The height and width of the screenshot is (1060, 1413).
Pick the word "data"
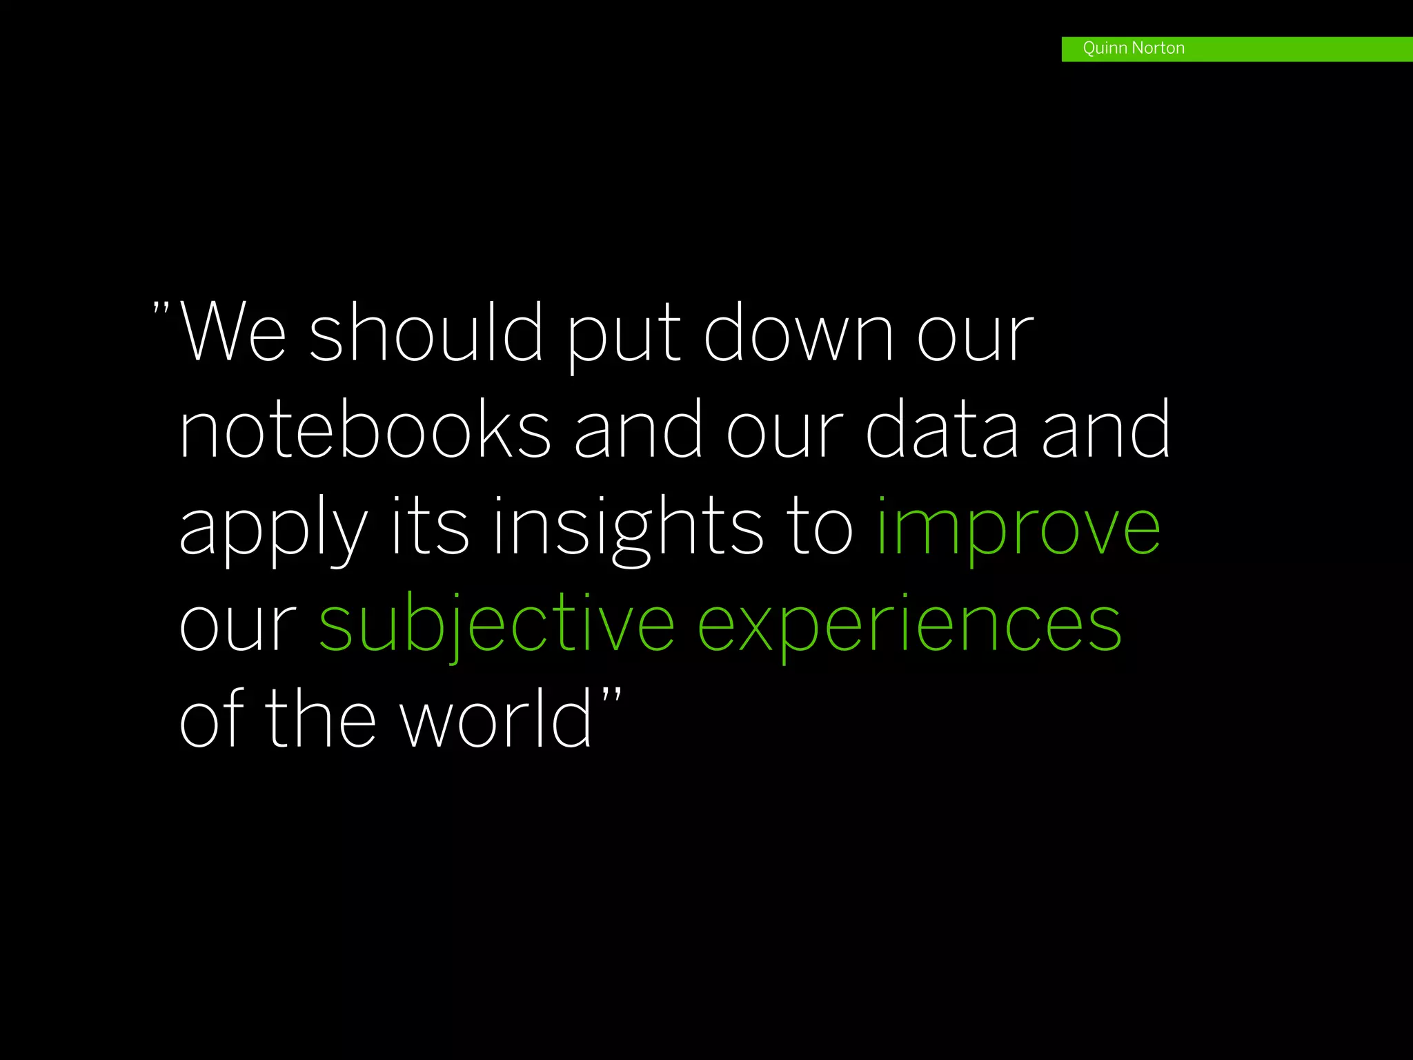[942, 429]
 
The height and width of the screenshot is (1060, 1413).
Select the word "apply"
[273, 529]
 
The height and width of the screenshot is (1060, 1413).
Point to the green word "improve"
[1018, 529]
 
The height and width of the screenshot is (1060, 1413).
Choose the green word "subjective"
[496, 624]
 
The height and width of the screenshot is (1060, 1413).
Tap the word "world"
[497, 719]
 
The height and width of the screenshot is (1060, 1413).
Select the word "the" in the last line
[320, 719]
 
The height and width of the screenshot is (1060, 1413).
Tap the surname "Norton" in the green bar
[1158, 48]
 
